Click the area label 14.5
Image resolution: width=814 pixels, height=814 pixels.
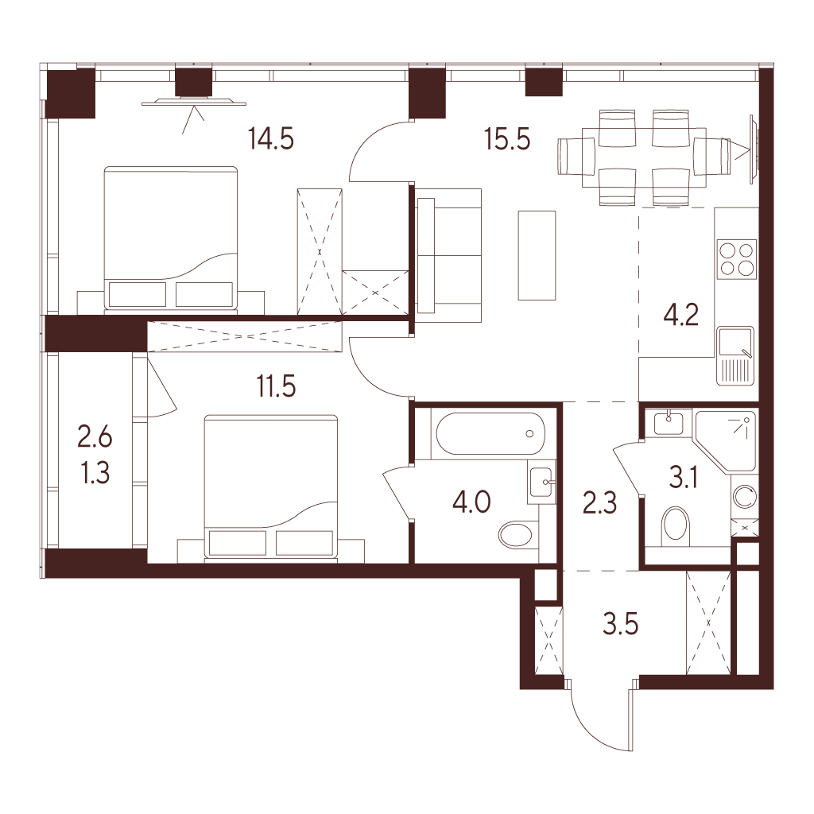(x=271, y=139)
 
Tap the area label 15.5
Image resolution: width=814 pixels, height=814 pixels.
(x=507, y=139)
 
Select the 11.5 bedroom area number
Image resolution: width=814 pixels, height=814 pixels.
(x=276, y=387)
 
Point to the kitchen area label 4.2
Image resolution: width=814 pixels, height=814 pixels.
(x=681, y=315)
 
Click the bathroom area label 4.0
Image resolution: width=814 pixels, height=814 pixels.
(x=471, y=503)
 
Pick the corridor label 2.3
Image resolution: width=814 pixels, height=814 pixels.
(x=599, y=503)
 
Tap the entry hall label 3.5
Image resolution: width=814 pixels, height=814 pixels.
(x=620, y=625)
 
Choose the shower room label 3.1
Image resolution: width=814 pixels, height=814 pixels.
(x=683, y=478)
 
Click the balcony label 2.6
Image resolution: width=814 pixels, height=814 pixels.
(x=95, y=438)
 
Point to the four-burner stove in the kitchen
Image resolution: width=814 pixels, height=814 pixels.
(x=735, y=259)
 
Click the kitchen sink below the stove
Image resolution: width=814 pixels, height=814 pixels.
(x=735, y=356)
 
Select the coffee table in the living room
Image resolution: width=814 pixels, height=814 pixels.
(x=537, y=255)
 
